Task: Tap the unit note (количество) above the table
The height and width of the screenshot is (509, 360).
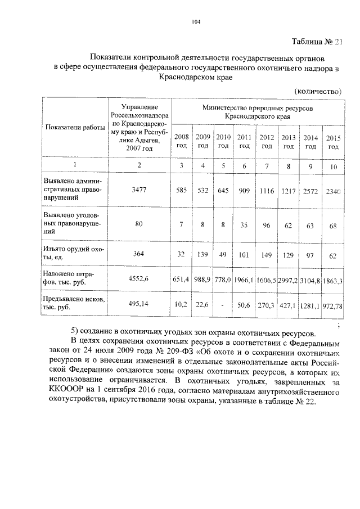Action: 318,91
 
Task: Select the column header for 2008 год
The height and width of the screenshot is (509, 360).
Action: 182,141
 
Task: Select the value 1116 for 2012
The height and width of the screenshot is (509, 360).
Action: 267,191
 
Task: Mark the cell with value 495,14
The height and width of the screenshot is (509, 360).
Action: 138,304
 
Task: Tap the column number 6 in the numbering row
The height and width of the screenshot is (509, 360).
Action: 244,166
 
